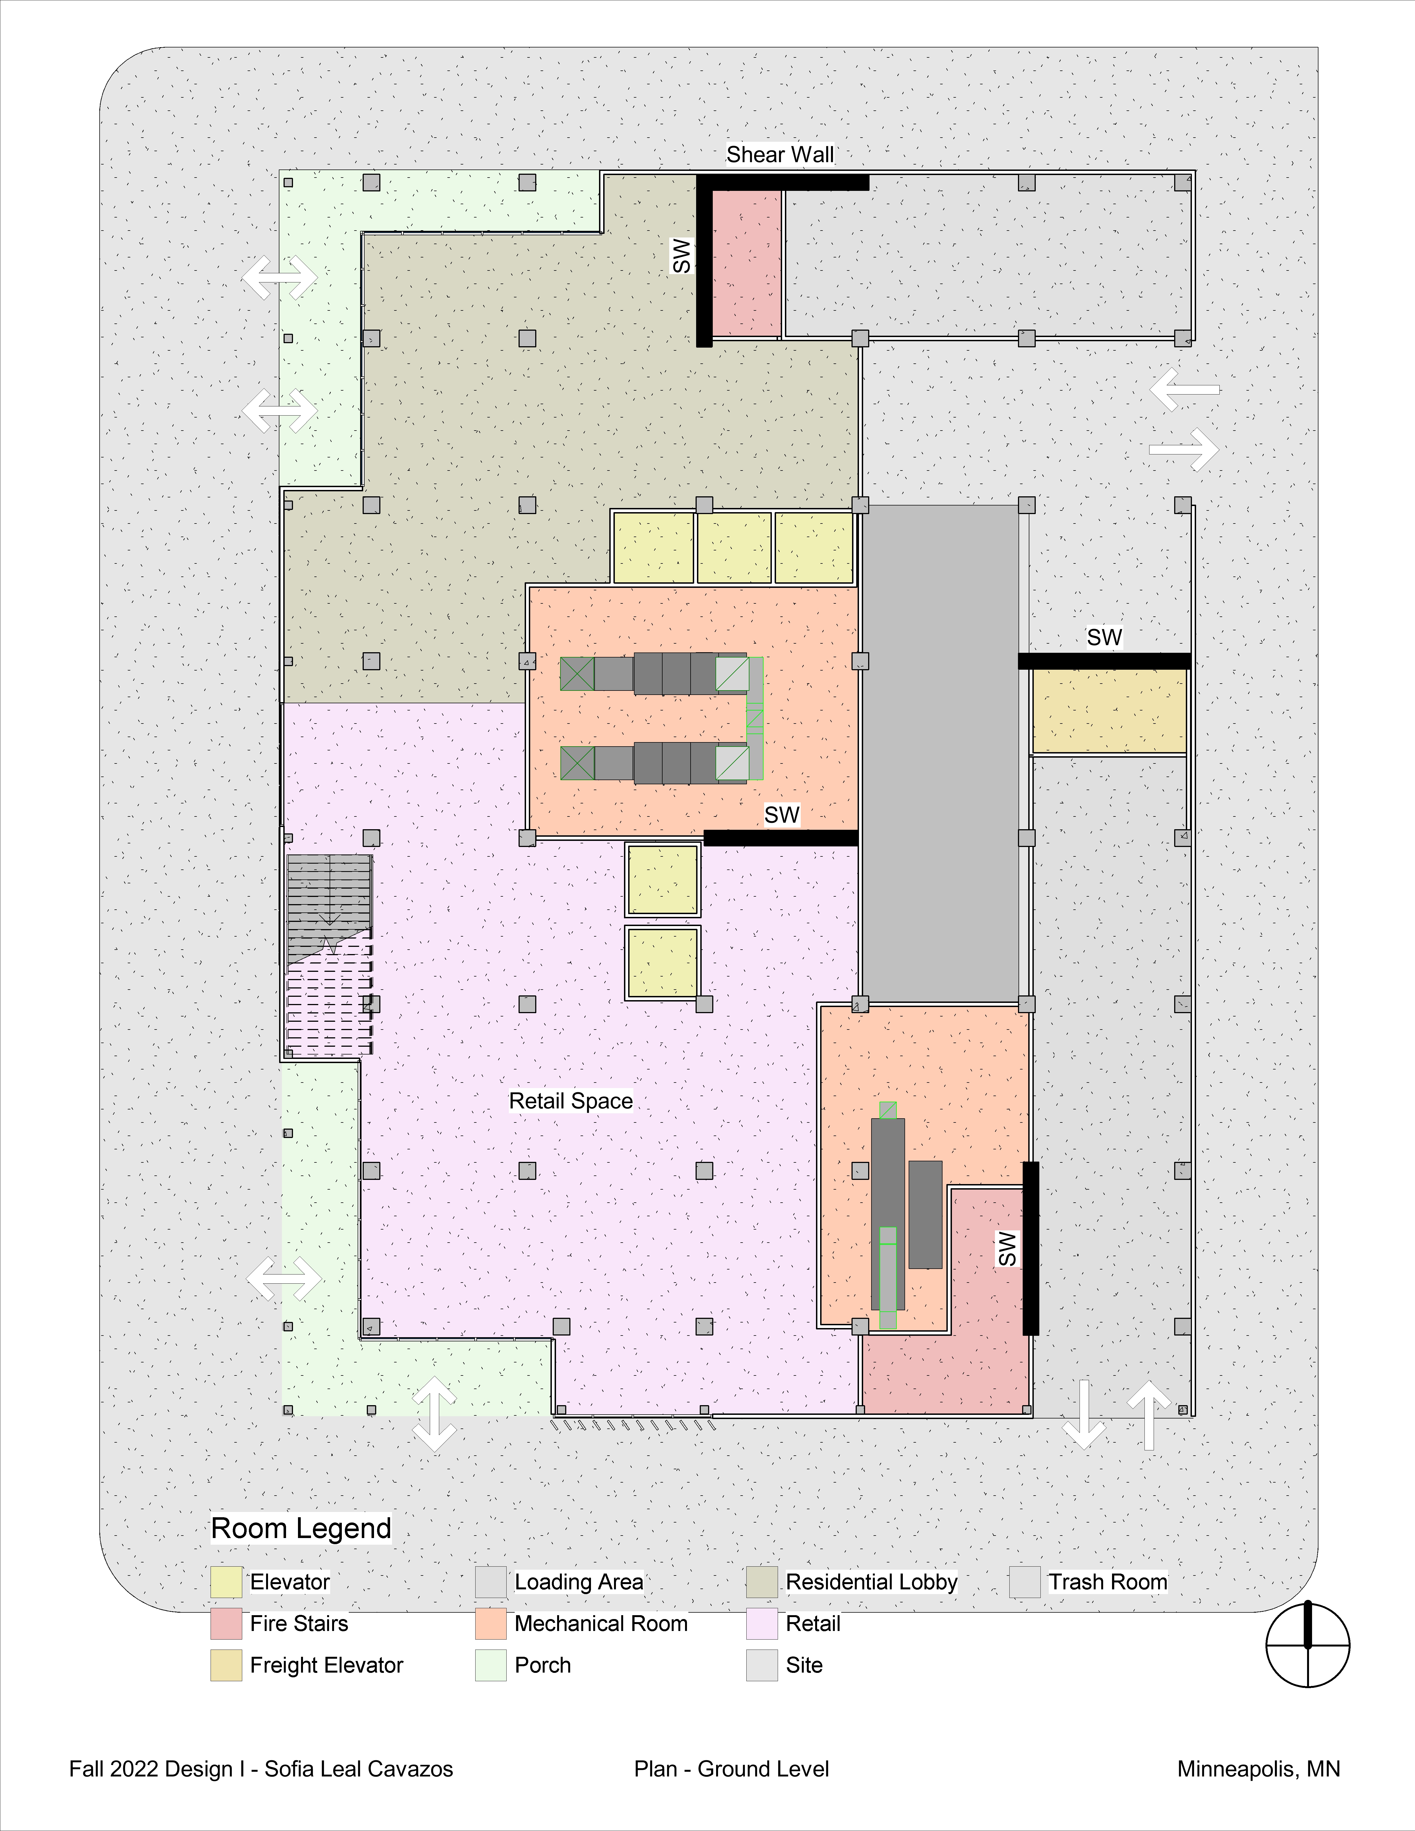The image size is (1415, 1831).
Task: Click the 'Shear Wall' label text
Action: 780,154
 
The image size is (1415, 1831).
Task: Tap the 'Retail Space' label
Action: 571,1101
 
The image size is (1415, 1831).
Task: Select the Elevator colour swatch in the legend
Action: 226,1582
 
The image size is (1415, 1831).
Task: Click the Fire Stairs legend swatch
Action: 226,1623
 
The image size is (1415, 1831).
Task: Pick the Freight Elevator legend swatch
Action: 226,1665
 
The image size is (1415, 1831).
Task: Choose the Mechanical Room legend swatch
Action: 490,1623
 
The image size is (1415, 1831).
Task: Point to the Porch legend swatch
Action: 490,1665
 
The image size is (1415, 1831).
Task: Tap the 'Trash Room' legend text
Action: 1108,1582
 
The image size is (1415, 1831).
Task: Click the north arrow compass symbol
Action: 1308,1645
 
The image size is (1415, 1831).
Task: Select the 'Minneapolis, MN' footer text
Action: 1258,1769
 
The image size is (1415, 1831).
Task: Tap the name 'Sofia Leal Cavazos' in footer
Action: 359,1769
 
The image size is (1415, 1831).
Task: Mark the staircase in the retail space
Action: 329,954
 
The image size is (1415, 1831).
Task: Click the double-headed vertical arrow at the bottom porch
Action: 434,1413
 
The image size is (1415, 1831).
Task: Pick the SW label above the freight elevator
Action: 1104,637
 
